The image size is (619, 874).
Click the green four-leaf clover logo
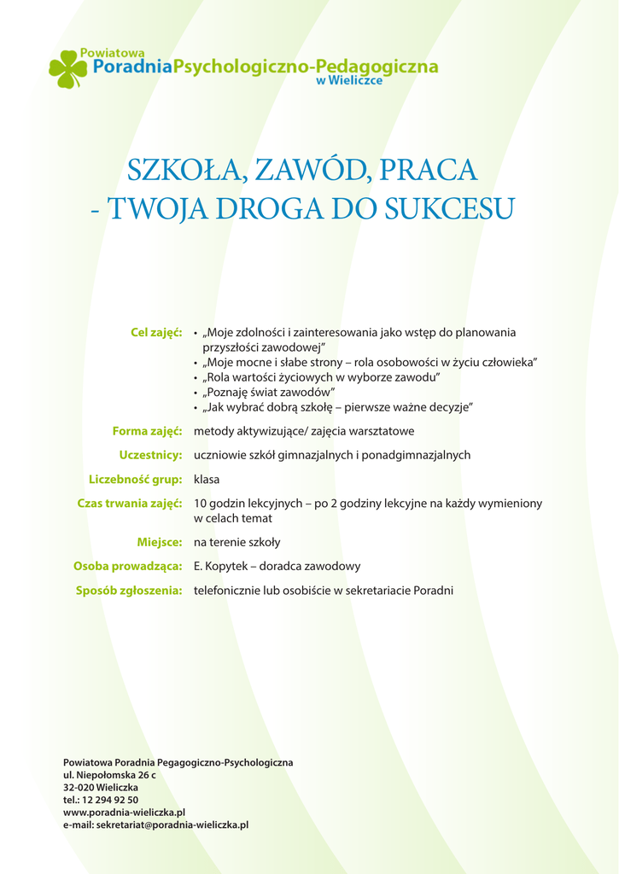pyautogui.click(x=67, y=69)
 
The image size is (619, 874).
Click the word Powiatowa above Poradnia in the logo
pyautogui.click(x=111, y=54)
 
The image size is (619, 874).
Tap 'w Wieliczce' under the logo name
pyautogui.click(x=349, y=81)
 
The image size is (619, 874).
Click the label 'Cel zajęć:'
pyautogui.click(x=156, y=332)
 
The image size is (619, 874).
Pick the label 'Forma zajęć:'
pyautogui.click(x=148, y=431)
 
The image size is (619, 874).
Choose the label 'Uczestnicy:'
pyautogui.click(x=151, y=455)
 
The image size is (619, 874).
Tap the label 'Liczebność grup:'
pyautogui.click(x=136, y=479)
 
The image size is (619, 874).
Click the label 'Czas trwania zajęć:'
pyautogui.click(x=130, y=504)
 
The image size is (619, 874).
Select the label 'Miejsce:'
pyautogui.click(x=160, y=542)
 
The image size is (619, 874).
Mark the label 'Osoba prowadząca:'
pyautogui.click(x=128, y=566)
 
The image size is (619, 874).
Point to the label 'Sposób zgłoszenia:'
pyautogui.click(x=129, y=590)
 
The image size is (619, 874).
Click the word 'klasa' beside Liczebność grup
pyautogui.click(x=207, y=479)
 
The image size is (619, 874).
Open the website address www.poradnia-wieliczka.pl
pyautogui.click(x=124, y=813)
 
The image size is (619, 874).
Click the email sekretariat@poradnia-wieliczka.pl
pyautogui.click(x=172, y=825)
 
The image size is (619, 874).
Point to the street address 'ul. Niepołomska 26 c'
pyautogui.click(x=109, y=774)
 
